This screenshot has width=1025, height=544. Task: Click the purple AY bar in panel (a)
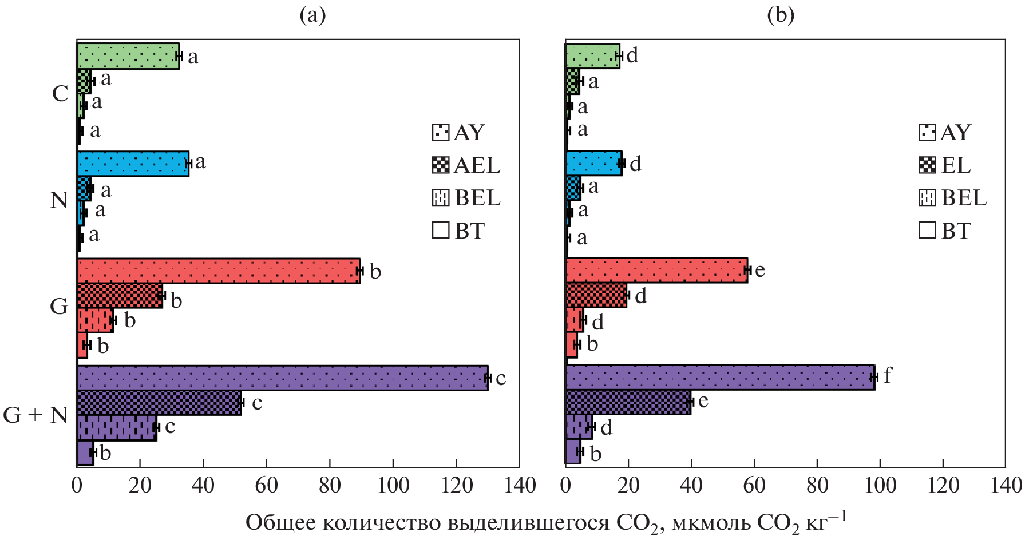[282, 378]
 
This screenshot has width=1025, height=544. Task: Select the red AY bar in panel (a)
[219, 271]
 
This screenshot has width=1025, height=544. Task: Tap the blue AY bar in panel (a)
[133, 164]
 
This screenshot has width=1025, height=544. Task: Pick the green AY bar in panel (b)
[592, 56]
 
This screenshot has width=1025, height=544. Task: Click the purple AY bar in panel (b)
[720, 378]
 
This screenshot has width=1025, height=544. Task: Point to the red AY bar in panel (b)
[656, 270]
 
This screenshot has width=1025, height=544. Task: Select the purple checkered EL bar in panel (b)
[628, 402]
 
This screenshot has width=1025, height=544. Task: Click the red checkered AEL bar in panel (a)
[120, 296]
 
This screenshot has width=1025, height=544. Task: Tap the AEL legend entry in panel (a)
[466, 165]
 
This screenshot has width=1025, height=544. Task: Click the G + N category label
[35, 415]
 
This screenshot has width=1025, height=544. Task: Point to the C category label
[60, 93]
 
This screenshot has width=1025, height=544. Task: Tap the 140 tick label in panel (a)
[520, 486]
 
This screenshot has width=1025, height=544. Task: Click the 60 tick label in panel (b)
[754, 486]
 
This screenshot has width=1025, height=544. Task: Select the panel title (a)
[312, 15]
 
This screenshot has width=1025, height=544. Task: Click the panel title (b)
[781, 15]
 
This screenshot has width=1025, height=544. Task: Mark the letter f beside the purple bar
[887, 375]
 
